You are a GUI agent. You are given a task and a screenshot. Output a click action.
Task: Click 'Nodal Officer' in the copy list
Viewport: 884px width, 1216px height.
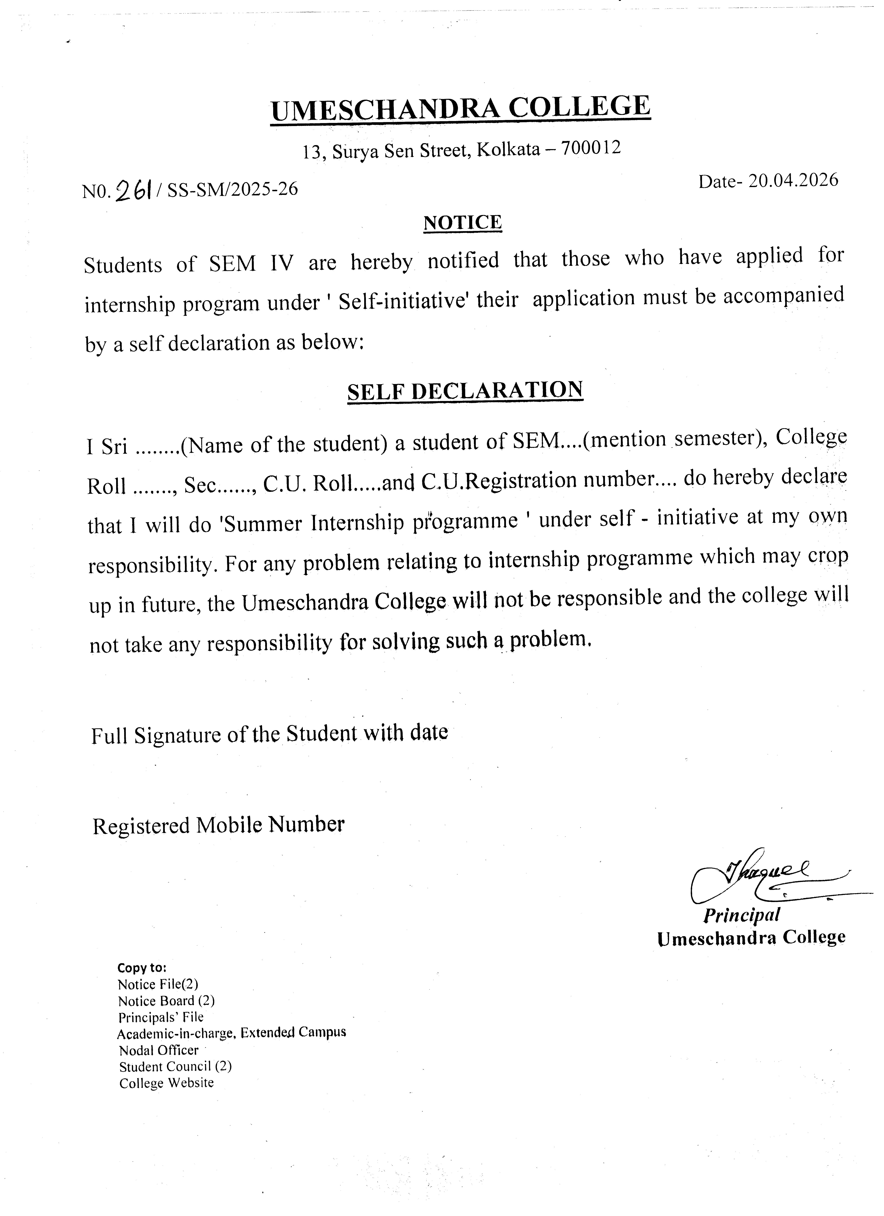coord(159,1050)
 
